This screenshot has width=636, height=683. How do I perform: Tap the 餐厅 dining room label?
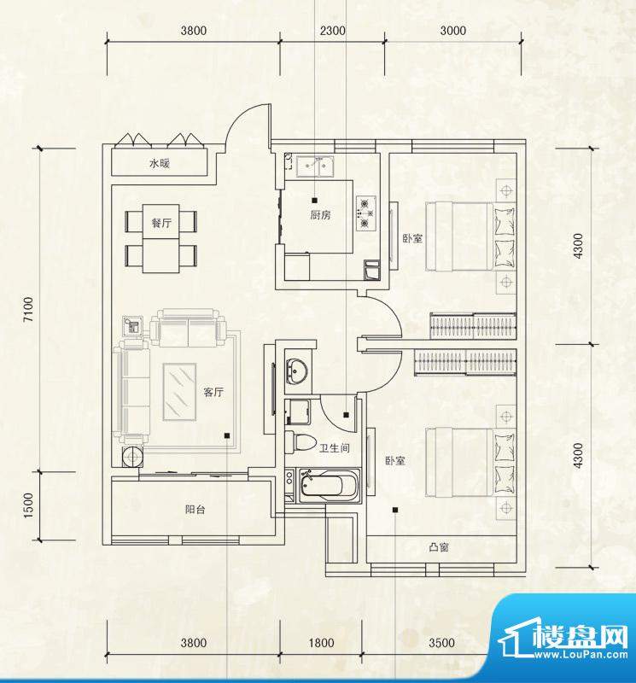click(x=162, y=220)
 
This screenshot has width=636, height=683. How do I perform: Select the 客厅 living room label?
click(x=213, y=393)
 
